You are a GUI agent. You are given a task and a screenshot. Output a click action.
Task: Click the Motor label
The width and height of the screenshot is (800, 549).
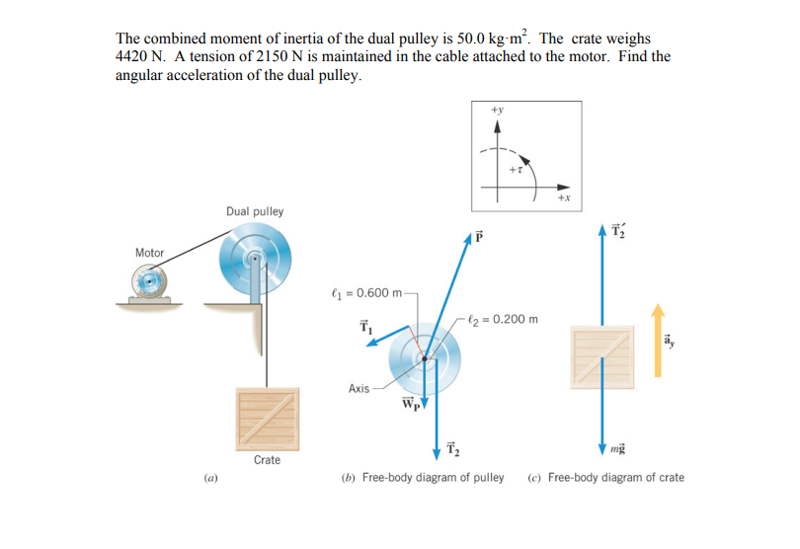click(150, 253)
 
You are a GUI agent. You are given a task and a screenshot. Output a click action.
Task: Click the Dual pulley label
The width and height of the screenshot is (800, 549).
click(254, 211)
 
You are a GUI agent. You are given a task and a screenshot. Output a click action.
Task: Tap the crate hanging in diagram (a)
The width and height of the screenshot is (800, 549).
click(267, 416)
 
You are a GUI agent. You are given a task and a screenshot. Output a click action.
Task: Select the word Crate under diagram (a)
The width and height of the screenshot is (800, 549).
click(267, 460)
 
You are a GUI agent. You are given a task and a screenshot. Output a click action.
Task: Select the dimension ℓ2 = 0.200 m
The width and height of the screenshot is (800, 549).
click(505, 319)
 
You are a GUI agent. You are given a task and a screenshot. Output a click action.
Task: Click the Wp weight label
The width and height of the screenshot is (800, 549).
click(410, 403)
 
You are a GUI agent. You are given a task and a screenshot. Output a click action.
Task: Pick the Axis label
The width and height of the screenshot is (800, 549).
click(359, 389)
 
